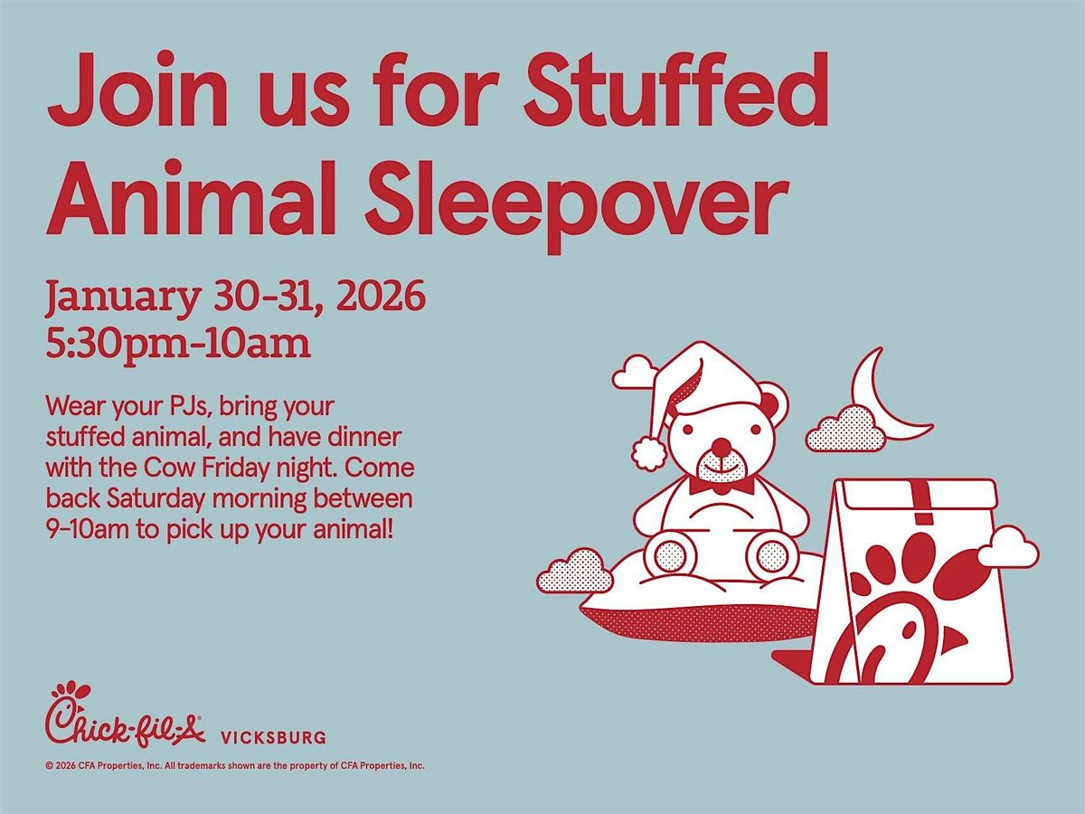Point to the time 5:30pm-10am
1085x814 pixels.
[x=178, y=345]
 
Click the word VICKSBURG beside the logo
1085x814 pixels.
[x=273, y=738]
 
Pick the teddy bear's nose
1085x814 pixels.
[x=721, y=446]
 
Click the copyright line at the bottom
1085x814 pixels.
[x=235, y=765]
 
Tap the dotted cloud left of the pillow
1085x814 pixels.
[x=571, y=570]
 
